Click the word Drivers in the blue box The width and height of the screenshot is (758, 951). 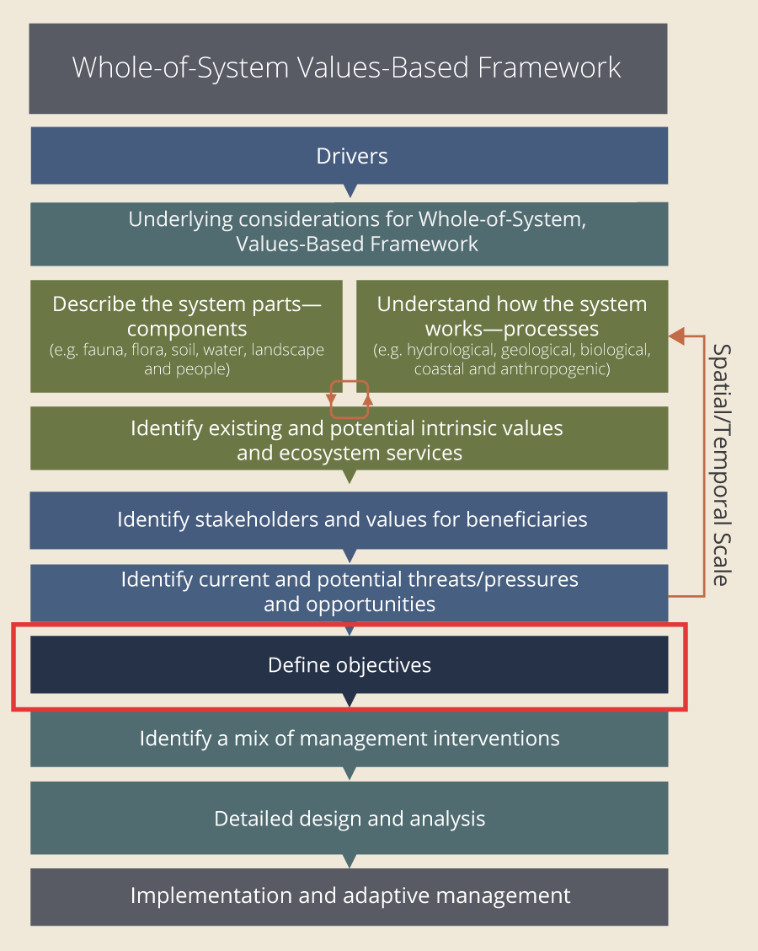click(x=352, y=156)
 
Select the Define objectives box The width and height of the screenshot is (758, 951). click(x=349, y=665)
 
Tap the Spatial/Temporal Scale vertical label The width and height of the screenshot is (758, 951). click(x=720, y=465)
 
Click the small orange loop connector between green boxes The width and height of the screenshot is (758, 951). click(x=350, y=399)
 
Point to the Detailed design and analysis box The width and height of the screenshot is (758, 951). click(x=349, y=819)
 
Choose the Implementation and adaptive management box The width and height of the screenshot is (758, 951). click(x=349, y=895)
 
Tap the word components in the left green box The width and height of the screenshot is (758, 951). click(x=187, y=328)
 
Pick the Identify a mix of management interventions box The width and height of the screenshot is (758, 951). click(x=349, y=739)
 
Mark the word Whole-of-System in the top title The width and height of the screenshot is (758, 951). click(x=181, y=67)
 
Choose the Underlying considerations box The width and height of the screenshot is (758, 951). click(x=349, y=232)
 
